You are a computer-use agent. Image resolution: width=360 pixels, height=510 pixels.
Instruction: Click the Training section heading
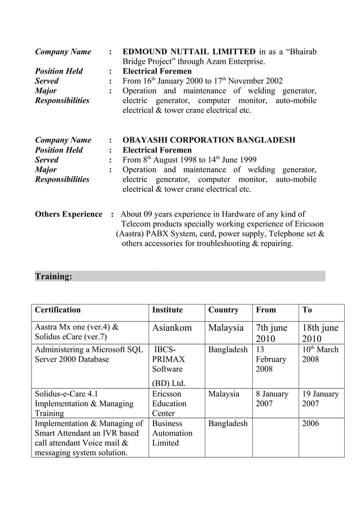pos(54,276)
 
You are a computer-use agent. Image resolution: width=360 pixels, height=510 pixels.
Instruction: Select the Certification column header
pos(58,310)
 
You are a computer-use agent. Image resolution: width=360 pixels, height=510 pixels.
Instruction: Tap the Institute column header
pos(168,310)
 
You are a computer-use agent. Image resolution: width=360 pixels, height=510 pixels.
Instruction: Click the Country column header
pos(223,310)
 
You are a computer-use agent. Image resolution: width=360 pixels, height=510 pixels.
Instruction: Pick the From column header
pos(266,310)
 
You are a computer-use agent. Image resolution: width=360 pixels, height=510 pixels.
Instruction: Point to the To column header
pos(308,310)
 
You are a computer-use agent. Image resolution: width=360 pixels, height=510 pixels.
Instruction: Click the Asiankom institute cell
pos(172,328)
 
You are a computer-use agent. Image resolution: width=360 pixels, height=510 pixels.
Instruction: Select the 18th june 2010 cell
pos(321,333)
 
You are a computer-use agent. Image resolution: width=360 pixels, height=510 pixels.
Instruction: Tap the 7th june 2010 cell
pos(272,333)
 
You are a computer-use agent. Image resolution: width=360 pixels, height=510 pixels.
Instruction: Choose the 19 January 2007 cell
pos(321,399)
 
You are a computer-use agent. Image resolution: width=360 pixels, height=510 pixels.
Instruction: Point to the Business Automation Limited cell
pos(172,433)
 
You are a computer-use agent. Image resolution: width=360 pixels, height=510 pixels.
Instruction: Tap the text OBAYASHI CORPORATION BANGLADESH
pos(209,140)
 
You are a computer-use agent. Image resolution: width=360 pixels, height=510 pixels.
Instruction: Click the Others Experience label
pos(68,215)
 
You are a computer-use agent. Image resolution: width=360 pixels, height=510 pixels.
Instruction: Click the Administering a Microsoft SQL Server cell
pos(89,354)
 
